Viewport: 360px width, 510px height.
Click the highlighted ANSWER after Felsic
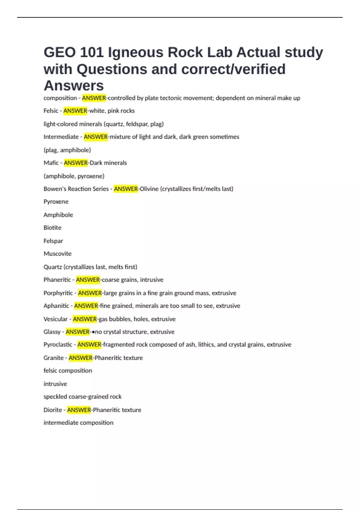tap(75, 111)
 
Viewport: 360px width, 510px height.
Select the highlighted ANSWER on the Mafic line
tap(76, 163)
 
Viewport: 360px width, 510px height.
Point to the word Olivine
tap(149, 189)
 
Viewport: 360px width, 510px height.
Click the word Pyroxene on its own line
tap(56, 202)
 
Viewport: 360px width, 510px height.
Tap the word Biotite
tap(52, 228)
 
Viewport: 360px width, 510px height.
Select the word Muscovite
tap(58, 254)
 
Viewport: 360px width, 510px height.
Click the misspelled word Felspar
tap(53, 241)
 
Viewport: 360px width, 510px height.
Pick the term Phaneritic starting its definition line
tap(57, 280)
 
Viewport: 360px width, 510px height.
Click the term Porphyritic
tap(58, 293)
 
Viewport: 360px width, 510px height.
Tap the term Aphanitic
tap(56, 306)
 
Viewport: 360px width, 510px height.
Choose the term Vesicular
tap(55, 319)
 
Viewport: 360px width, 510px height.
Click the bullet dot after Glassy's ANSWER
tap(93, 332)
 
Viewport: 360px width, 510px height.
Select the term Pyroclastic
tap(58, 345)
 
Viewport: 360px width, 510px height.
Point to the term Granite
tap(54, 358)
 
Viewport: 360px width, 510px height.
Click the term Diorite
tap(53, 410)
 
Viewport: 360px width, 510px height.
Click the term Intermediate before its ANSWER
tap(61, 137)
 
